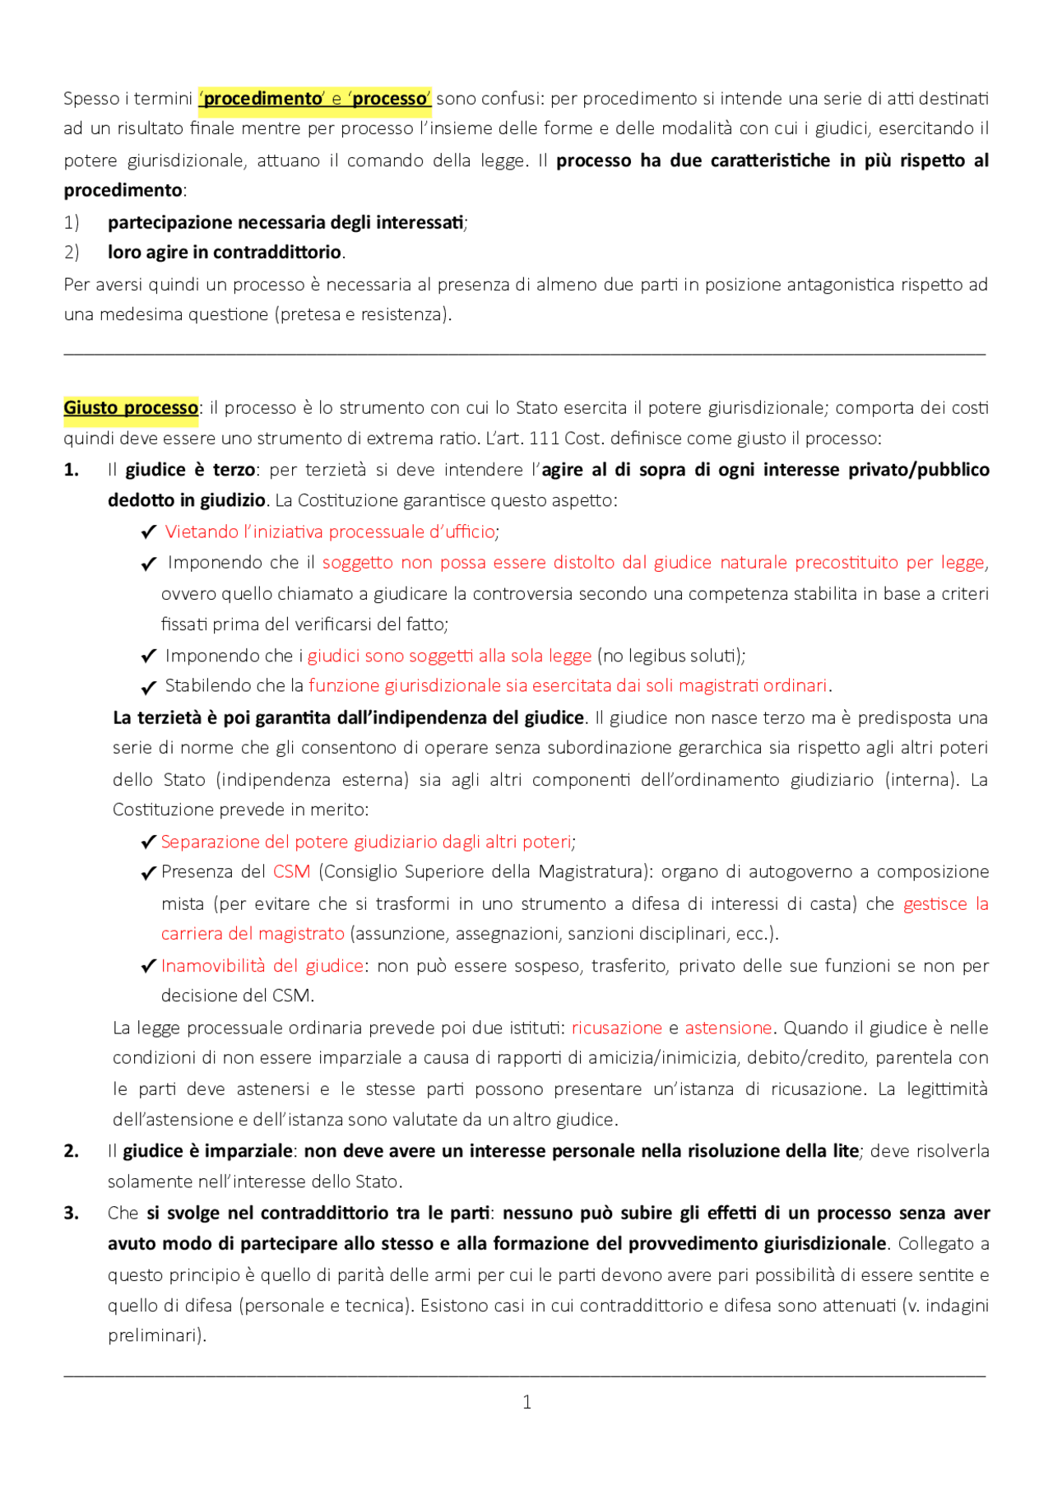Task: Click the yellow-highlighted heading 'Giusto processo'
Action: pos(131,408)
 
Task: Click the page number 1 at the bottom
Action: pos(526,1402)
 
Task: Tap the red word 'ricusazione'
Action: pos(616,1028)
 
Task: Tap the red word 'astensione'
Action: pos(728,1028)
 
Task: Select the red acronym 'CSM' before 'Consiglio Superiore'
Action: pos(291,872)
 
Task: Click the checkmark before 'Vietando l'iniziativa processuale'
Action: pos(148,532)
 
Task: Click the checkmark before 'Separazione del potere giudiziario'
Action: pos(148,842)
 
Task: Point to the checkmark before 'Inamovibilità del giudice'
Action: pos(148,966)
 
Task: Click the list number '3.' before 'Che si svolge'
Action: pos(72,1213)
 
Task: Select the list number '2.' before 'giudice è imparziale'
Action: pos(72,1151)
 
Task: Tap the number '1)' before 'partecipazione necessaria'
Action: pos(72,222)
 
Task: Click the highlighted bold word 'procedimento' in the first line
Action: pos(262,99)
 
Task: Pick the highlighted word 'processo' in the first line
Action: pos(390,99)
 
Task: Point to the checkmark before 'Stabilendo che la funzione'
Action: pos(148,687)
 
